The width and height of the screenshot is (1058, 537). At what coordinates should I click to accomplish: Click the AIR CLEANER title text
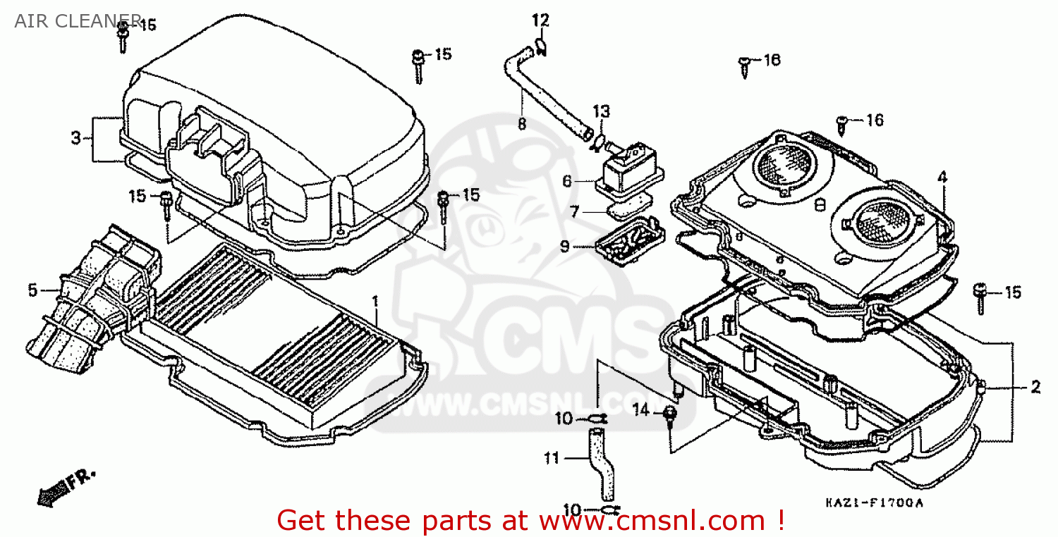(67, 20)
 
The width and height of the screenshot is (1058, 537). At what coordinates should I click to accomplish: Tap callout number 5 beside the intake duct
(32, 290)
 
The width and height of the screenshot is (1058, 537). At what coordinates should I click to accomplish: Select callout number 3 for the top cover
(76, 138)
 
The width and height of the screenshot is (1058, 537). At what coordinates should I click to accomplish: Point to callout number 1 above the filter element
(375, 301)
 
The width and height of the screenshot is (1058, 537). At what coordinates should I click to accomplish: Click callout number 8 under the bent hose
(522, 123)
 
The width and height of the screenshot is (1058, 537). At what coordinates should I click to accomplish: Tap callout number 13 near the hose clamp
(600, 112)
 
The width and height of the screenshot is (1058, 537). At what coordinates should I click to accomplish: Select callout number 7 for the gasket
(575, 211)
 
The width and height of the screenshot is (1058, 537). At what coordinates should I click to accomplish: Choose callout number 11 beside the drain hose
(551, 459)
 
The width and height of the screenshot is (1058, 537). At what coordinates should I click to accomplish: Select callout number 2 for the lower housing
(1035, 386)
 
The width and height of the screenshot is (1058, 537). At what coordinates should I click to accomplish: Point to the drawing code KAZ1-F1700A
(874, 503)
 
